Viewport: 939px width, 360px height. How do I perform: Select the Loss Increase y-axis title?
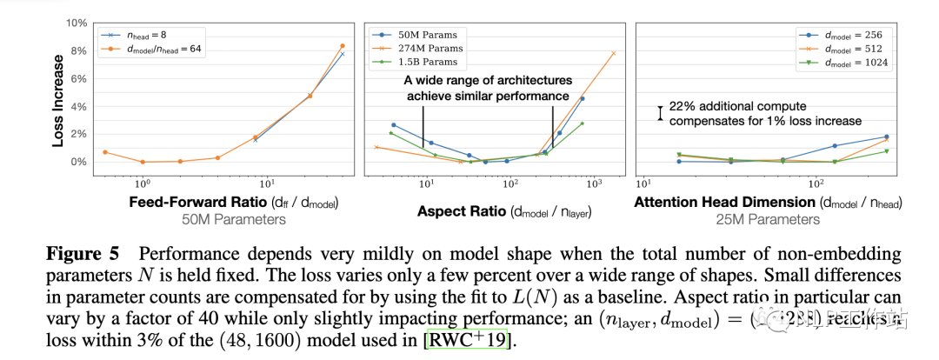click(57, 102)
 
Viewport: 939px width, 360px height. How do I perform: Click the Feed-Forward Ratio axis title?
click(234, 203)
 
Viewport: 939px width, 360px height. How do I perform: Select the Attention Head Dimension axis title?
click(768, 203)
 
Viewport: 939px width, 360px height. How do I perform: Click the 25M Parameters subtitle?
click(768, 219)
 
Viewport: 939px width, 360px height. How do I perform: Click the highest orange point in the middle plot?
click(613, 53)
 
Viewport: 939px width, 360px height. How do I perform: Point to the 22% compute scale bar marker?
click(661, 113)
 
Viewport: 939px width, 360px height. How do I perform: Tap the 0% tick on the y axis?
click(78, 162)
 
